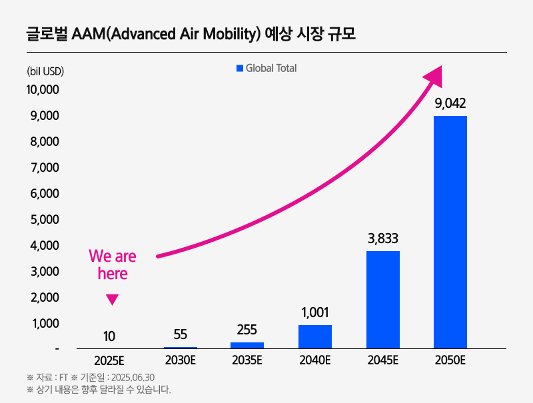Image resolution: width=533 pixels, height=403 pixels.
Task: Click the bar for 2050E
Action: pyautogui.click(x=450, y=232)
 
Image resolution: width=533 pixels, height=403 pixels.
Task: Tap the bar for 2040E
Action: pyautogui.click(x=315, y=336)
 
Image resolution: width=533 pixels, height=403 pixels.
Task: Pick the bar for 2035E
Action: pyautogui.click(x=247, y=345)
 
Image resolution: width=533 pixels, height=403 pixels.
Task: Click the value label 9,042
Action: pyautogui.click(x=450, y=103)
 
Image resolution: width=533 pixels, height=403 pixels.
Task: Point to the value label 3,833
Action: pyautogui.click(x=383, y=238)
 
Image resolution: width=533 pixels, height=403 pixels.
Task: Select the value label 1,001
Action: pyautogui.click(x=315, y=312)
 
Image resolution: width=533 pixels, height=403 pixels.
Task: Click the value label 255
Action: pyautogui.click(x=247, y=329)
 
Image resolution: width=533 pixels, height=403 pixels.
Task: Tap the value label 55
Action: pyautogui.click(x=180, y=335)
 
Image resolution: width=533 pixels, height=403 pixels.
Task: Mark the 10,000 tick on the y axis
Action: pyautogui.click(x=43, y=90)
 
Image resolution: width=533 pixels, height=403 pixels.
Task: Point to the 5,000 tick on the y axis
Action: pyautogui.click(x=43, y=220)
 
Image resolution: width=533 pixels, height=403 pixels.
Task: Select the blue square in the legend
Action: pyautogui.click(x=240, y=68)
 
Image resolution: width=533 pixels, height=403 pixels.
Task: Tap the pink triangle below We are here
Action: pyautogui.click(x=112, y=300)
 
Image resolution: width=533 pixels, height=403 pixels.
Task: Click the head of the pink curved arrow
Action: pyautogui.click(x=434, y=75)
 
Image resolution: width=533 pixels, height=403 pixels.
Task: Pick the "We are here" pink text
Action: pyautogui.click(x=112, y=264)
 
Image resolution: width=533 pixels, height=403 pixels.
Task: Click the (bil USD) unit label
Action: pyautogui.click(x=45, y=71)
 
